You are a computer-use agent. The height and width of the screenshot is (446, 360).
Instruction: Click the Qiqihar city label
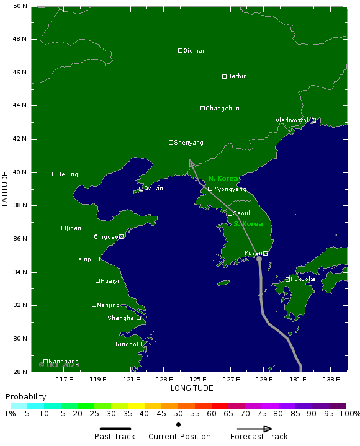coord(194,51)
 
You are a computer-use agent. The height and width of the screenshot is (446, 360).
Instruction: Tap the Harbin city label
coord(236,76)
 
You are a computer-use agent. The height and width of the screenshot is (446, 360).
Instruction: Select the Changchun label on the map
coord(222,109)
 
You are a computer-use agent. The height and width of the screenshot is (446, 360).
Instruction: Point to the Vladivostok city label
coord(292,120)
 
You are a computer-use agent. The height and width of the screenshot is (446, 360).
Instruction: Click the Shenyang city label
coord(189,143)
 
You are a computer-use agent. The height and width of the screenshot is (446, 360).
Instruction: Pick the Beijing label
coord(68,174)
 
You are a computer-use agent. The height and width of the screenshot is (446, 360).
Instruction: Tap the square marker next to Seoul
coord(230,213)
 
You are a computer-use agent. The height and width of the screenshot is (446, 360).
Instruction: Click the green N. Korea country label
coord(223,179)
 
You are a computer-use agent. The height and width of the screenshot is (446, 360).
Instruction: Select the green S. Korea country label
coord(248,224)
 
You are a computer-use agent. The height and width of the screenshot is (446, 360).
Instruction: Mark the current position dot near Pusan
coord(259,259)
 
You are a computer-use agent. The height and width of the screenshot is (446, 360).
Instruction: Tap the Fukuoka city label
coord(303,279)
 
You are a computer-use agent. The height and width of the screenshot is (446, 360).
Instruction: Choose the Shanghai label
coord(122,318)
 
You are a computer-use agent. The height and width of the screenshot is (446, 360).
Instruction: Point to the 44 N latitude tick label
coord(20,105)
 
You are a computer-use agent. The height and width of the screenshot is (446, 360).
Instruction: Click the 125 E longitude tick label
coord(197,379)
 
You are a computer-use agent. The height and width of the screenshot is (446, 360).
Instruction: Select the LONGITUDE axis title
coord(192,388)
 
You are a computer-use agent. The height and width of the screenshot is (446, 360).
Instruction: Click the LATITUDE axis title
coord(6,189)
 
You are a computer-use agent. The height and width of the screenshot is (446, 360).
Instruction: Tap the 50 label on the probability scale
coord(178,414)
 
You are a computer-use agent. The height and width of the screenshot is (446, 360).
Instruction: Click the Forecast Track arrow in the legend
coord(254,428)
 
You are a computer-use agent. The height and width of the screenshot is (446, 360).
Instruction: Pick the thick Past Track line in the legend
coord(115,428)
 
